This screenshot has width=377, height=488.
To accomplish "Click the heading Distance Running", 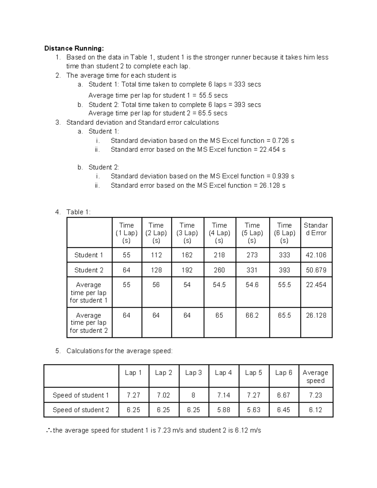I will (x=74, y=48).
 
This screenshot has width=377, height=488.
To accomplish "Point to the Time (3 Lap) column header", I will (x=187, y=233).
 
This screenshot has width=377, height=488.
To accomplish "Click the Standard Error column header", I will (x=316, y=229).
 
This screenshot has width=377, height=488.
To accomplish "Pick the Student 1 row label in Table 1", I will (x=89, y=255).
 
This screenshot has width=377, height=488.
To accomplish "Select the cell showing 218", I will (x=219, y=255).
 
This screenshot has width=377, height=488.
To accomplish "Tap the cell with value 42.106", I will (x=316, y=255).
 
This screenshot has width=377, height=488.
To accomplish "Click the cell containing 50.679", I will (x=316, y=270).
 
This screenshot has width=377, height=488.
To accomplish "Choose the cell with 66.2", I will (x=252, y=315).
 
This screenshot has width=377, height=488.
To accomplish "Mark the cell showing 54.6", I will (x=252, y=285).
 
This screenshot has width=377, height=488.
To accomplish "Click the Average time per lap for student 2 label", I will (x=89, y=323).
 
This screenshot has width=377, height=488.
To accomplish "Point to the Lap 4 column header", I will (x=223, y=373).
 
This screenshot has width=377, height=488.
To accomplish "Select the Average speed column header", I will (x=315, y=376).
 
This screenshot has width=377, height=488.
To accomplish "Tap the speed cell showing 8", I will (x=193, y=395).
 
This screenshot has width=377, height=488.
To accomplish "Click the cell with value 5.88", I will (x=223, y=410).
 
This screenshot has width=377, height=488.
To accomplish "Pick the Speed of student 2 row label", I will (x=81, y=410).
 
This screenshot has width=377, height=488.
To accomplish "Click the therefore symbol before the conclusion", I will (x=48, y=431).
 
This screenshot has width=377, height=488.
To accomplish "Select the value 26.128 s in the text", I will (x=272, y=185).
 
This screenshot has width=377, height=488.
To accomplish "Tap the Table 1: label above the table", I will (x=78, y=212).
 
